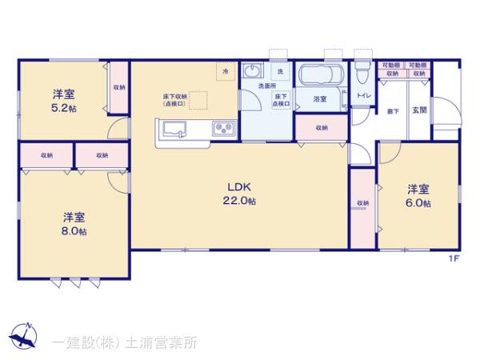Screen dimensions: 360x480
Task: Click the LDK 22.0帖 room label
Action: tap(239, 194)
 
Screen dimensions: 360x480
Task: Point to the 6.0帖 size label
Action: tap(418, 204)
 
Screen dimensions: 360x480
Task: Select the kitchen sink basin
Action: tap(174, 130)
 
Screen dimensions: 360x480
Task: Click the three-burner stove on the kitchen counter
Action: tap(221, 129)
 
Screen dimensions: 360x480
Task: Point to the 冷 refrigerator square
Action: tap(226, 72)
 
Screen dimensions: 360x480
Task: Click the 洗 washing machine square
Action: tap(280, 72)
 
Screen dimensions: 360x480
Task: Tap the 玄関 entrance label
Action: tap(418, 110)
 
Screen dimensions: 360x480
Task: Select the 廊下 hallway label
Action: tap(394, 110)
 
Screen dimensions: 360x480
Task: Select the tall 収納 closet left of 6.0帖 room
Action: tap(362, 206)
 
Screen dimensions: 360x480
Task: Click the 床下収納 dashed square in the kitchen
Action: tap(198, 100)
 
